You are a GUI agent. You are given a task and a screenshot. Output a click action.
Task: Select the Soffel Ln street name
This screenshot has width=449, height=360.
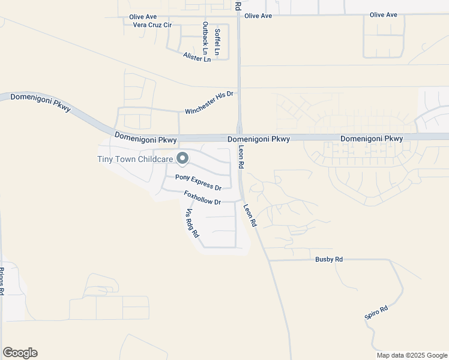point(217,43)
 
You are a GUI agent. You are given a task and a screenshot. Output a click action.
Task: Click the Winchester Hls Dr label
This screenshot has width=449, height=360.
point(209,103)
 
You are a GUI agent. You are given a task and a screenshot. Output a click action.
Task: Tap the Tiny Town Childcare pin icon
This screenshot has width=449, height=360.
point(182,159)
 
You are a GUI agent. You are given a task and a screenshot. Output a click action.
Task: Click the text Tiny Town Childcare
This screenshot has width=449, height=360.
point(135,159)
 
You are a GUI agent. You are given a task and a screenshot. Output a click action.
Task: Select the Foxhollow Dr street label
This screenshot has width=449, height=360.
point(203,199)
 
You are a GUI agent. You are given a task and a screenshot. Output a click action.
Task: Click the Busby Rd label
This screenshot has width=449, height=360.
point(329,259)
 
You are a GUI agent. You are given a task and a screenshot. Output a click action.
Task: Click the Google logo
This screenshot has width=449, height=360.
point(20,353)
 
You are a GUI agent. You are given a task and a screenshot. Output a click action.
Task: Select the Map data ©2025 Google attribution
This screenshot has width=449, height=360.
point(412,355)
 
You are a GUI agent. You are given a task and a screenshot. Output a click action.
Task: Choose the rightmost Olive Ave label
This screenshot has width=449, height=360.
point(384,14)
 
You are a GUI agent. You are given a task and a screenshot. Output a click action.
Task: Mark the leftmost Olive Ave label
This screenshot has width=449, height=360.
point(143,17)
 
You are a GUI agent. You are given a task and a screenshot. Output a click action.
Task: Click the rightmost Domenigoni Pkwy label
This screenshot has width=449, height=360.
point(372,139)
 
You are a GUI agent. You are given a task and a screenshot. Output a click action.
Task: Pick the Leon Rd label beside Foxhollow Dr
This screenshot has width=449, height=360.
point(250,214)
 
